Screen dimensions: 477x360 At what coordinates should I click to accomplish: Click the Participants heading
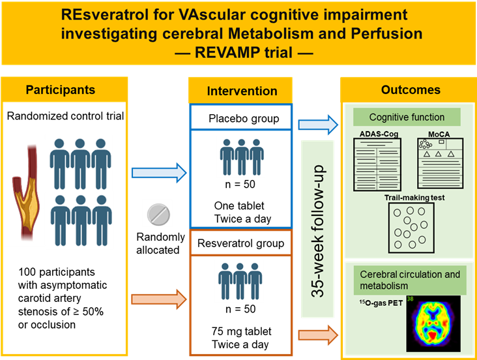(60, 90)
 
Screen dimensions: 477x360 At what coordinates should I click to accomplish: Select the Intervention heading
(242, 91)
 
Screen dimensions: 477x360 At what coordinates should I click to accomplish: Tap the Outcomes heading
(411, 90)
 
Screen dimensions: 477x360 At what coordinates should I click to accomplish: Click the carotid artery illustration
(27, 192)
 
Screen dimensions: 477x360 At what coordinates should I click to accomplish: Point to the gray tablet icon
(158, 215)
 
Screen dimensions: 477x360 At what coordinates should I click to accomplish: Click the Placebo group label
(244, 119)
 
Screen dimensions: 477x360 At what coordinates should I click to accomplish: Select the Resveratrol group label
(240, 243)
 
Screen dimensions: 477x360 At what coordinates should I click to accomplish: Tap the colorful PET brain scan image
(433, 323)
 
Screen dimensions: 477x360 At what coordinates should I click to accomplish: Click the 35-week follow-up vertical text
(318, 231)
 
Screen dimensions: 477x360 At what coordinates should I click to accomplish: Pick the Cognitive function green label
(407, 117)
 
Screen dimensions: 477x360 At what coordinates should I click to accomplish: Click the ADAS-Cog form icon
(377, 164)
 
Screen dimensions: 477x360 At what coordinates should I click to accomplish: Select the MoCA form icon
(441, 163)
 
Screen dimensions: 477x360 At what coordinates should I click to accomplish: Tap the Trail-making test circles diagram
(411, 228)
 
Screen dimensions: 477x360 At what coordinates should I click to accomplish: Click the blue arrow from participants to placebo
(159, 173)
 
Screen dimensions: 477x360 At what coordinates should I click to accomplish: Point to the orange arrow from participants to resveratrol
(159, 299)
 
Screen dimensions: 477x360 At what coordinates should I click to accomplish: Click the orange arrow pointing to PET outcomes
(318, 335)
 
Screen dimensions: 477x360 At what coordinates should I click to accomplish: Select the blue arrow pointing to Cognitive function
(318, 125)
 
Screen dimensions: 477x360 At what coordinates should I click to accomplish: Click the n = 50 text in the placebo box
(240, 185)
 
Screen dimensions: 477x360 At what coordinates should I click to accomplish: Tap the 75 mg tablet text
(242, 331)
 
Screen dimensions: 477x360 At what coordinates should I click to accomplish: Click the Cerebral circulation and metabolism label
(410, 280)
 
